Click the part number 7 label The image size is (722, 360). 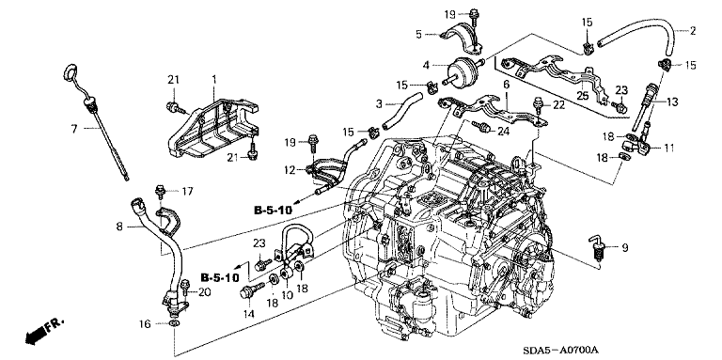tap(75, 129)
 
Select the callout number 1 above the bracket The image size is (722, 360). tap(213, 80)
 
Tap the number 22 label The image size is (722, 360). tap(558, 105)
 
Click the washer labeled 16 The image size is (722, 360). tap(174, 324)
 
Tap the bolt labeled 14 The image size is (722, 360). tap(251, 290)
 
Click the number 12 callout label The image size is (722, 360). tap(290, 171)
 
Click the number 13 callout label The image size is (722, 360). tap(672, 102)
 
